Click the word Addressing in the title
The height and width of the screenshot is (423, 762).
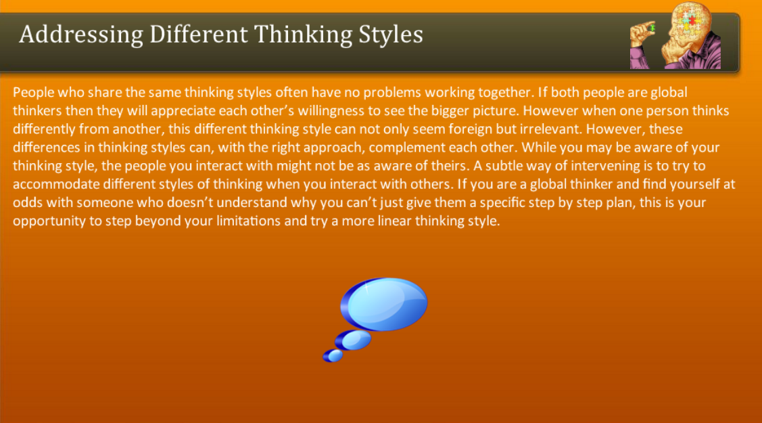[x=81, y=35]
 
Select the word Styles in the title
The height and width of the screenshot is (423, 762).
[x=391, y=35]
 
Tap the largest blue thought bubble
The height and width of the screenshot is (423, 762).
[x=384, y=304]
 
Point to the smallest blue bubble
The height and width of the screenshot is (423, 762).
[x=333, y=356]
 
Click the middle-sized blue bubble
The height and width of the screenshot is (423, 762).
[x=354, y=340]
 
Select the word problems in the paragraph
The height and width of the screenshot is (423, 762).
[x=392, y=92]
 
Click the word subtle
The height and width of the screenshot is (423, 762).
[x=504, y=166]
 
